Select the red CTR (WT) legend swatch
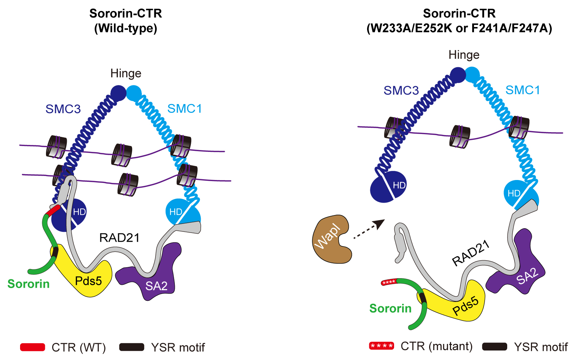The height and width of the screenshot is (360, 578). coord(32,347)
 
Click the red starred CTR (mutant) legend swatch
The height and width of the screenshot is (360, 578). coord(381,346)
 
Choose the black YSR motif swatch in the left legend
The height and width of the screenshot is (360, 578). coord(132,347)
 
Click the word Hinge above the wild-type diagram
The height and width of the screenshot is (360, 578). coord(126,73)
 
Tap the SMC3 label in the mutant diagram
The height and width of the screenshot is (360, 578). coord(401,90)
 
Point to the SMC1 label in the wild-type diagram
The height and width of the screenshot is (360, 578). coord(184,108)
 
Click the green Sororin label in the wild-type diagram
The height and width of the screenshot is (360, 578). coord(28,284)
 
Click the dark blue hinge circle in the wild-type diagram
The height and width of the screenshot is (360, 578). coord(118,93)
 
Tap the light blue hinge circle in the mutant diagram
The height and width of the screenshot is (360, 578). coord(473,74)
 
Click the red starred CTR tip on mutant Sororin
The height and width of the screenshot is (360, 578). coord(389,282)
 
